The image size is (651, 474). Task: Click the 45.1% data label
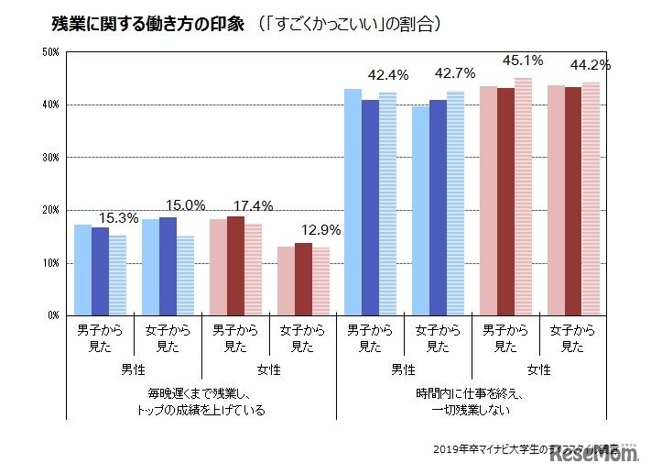[x=523, y=61]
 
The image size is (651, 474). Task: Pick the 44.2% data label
[x=591, y=65]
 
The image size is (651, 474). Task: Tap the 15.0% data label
[x=186, y=205]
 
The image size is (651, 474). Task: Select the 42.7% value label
[x=455, y=73]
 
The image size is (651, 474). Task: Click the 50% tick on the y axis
[x=50, y=52]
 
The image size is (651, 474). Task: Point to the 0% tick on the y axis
[x=53, y=315]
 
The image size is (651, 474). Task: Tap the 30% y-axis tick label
[x=50, y=158]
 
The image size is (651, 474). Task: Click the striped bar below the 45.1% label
[x=523, y=196]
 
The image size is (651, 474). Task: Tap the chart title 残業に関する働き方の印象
[x=143, y=23]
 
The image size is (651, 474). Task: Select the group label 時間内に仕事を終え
[x=471, y=393]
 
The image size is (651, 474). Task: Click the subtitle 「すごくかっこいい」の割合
[x=346, y=23]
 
